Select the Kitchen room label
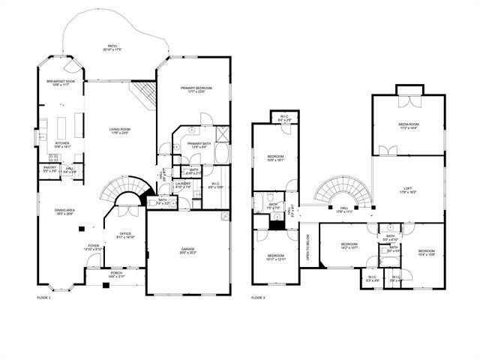[63, 144]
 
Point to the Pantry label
[49, 170]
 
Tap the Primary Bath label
[199, 145]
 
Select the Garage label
[187, 250]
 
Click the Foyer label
[93, 247]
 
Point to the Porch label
[116, 274]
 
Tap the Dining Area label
[64, 211]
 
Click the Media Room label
[408, 126]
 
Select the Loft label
[408, 190]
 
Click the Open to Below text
[308, 247]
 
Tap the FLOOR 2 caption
[258, 298]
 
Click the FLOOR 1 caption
[43, 298]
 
